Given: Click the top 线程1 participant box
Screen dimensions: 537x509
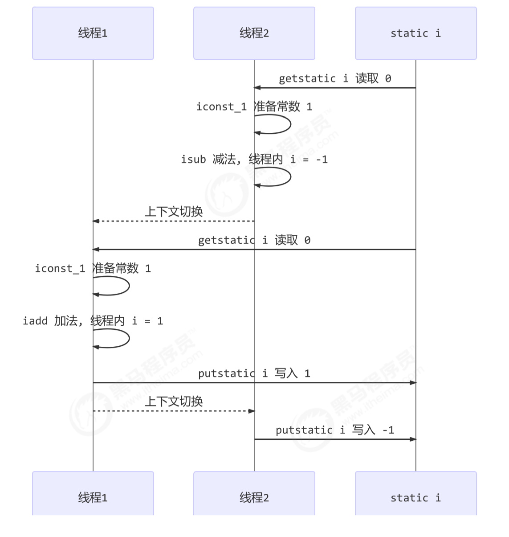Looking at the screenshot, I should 93,33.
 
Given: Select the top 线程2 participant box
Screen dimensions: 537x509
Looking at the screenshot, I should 254,33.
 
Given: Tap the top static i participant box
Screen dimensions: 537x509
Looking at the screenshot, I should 415,33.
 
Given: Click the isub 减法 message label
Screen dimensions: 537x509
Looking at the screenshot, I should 254,159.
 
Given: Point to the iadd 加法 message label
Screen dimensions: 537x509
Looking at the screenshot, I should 93,321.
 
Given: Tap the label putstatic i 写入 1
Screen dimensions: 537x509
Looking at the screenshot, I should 254,373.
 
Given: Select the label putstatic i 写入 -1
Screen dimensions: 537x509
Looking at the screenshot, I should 335,430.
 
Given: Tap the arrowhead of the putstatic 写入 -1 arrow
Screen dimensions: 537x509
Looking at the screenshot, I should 413,439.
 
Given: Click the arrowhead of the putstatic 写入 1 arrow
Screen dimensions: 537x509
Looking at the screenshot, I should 413,382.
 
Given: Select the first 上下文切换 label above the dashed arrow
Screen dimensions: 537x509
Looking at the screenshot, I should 174,212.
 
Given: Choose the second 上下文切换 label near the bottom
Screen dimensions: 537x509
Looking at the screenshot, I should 174,402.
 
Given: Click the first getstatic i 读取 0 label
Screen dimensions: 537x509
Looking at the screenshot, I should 335,78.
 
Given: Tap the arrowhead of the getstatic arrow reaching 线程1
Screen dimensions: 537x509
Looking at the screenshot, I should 96,249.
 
